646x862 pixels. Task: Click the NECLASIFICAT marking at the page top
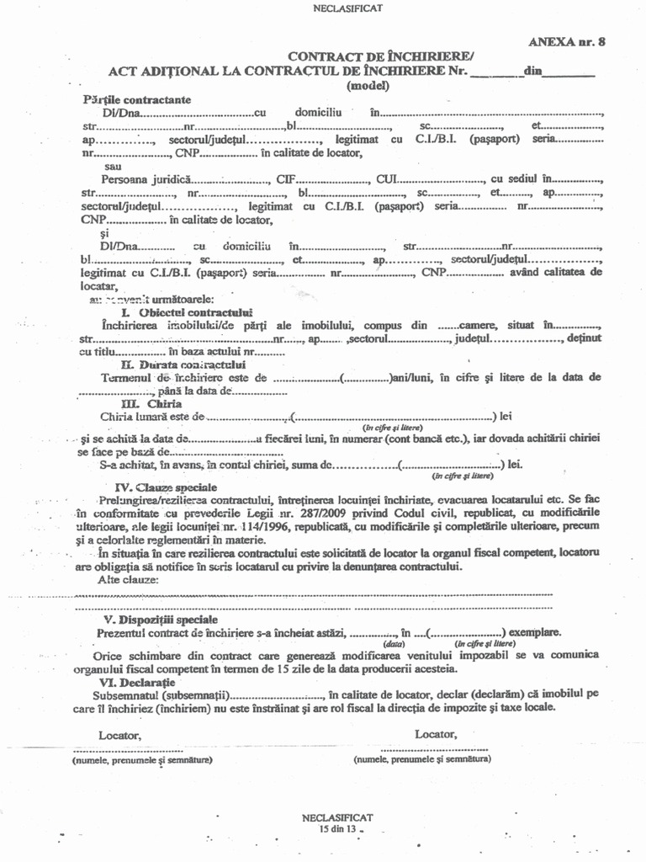[x=324, y=8]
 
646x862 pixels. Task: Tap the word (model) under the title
[x=368, y=85]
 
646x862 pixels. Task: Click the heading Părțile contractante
[x=137, y=99]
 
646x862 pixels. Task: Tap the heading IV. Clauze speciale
[x=166, y=487]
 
